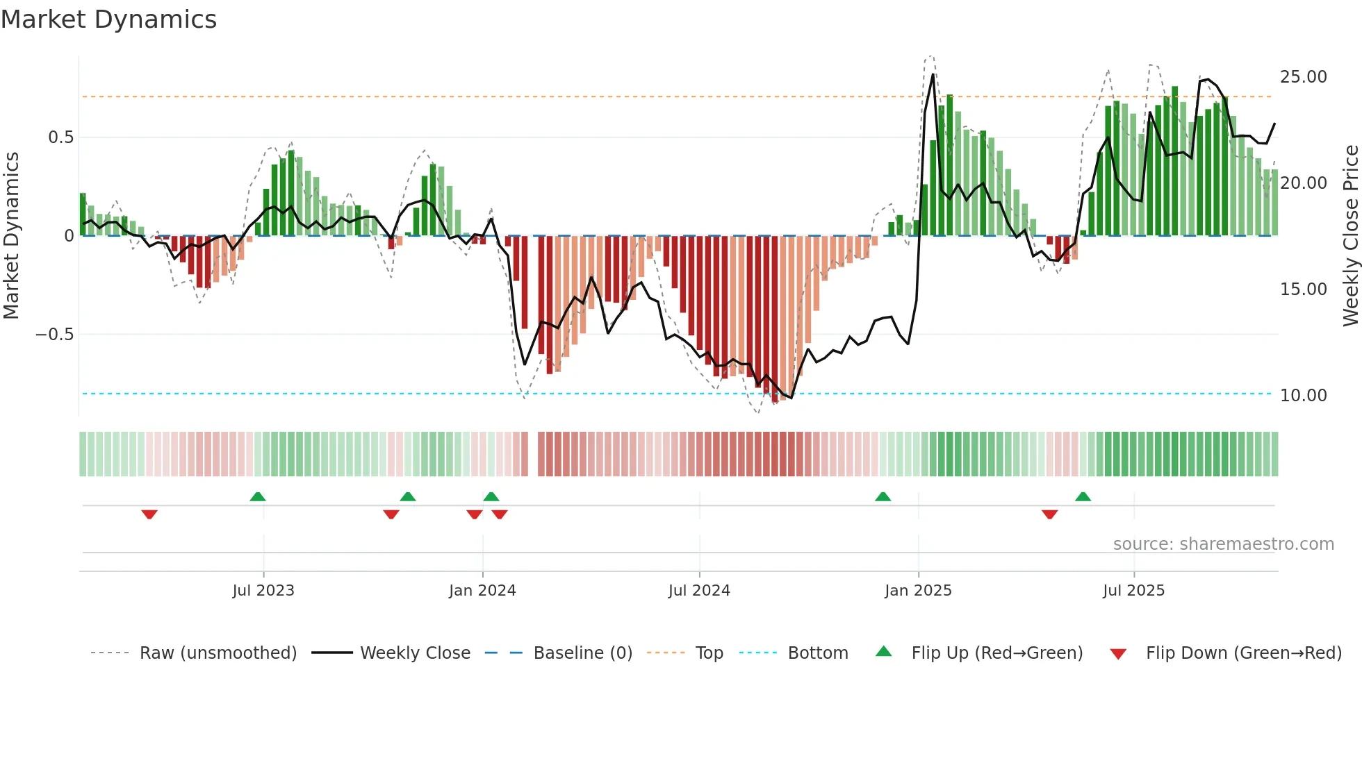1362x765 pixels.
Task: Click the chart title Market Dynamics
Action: point(109,19)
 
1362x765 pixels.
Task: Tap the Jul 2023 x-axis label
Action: point(263,590)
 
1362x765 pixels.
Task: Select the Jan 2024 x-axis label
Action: point(482,590)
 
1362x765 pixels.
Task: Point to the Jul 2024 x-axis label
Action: point(699,590)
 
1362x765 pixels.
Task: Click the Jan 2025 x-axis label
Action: point(918,590)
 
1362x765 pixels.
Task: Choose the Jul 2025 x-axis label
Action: point(1133,590)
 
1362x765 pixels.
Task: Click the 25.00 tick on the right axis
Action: point(1303,76)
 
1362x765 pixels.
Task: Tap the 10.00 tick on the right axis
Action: point(1303,395)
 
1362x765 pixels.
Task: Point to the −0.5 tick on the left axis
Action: point(54,334)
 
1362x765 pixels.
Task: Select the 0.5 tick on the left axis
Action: point(60,137)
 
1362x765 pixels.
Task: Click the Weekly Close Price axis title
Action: point(1350,235)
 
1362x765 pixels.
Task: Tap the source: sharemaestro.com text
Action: point(1223,544)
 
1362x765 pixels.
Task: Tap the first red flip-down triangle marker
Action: point(149,514)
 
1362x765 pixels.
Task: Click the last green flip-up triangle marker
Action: point(1083,496)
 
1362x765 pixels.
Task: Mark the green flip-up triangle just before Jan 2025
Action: point(883,496)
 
